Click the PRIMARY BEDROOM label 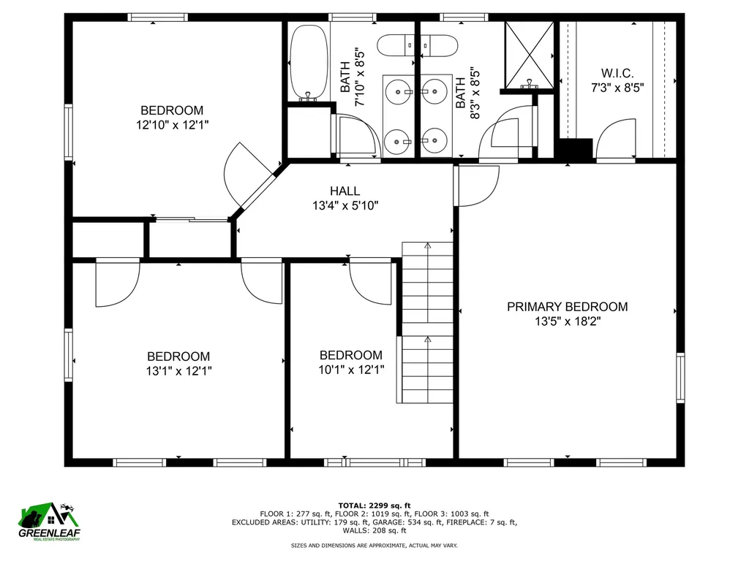[x=567, y=307]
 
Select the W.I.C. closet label [x=617, y=73]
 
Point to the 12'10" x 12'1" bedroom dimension [x=173, y=125]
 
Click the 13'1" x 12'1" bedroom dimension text [x=178, y=370]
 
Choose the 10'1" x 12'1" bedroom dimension [x=351, y=370]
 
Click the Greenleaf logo [x=49, y=523]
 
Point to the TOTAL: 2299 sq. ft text [x=374, y=505]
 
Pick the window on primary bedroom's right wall [x=680, y=378]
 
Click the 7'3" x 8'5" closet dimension [x=617, y=87]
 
